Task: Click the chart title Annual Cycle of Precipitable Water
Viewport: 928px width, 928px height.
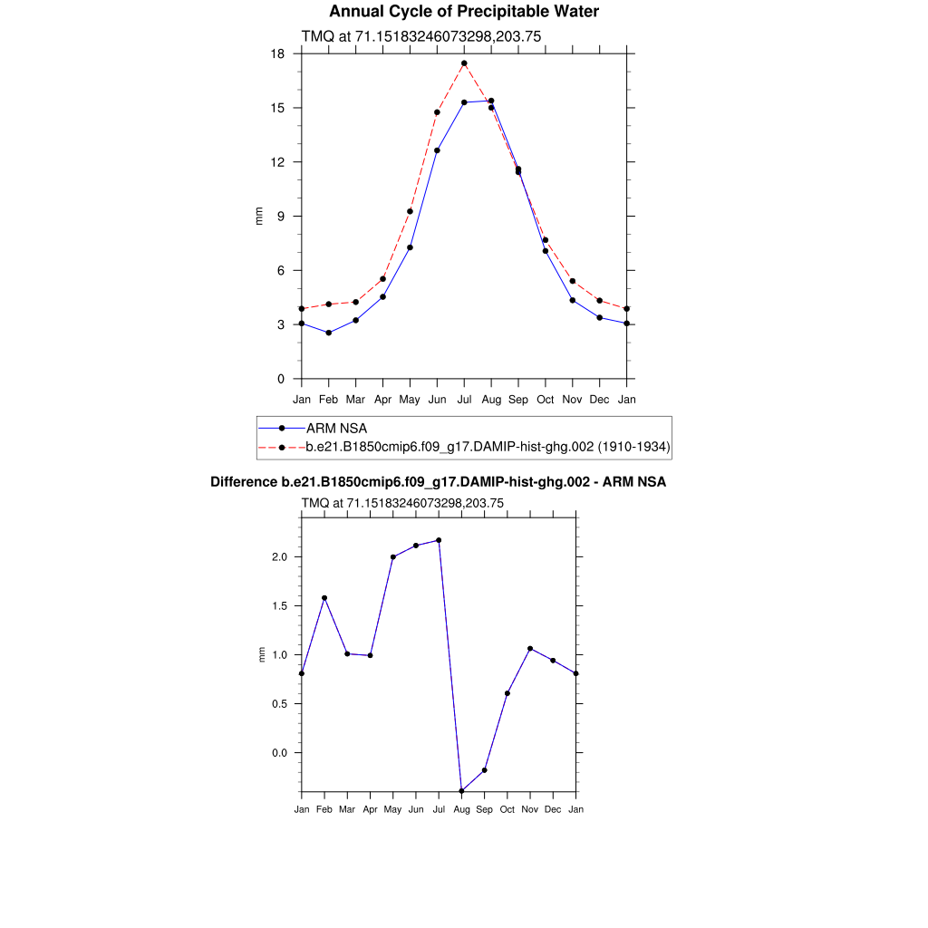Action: tap(463, 12)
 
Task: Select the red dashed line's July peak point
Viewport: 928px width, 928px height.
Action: tap(464, 63)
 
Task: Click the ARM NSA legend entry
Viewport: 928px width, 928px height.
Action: tap(336, 428)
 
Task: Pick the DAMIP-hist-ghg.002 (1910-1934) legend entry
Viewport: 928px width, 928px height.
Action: tap(488, 446)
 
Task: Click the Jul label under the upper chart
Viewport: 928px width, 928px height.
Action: tap(464, 399)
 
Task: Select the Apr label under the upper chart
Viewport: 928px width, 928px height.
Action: tap(382, 399)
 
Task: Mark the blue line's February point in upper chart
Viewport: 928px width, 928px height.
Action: tap(328, 333)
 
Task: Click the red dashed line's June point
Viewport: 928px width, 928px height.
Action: tap(437, 112)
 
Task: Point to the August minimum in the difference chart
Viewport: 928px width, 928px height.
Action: tap(461, 791)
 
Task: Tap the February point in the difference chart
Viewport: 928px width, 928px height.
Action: tap(324, 598)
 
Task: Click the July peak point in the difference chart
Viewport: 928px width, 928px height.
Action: tap(439, 540)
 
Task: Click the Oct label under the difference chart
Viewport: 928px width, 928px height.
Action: tap(507, 809)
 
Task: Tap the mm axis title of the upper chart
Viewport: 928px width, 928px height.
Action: tap(259, 217)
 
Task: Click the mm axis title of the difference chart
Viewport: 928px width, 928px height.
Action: tap(263, 654)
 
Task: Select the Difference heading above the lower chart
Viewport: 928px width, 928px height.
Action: tap(438, 482)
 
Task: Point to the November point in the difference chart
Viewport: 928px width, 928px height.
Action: tap(530, 649)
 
